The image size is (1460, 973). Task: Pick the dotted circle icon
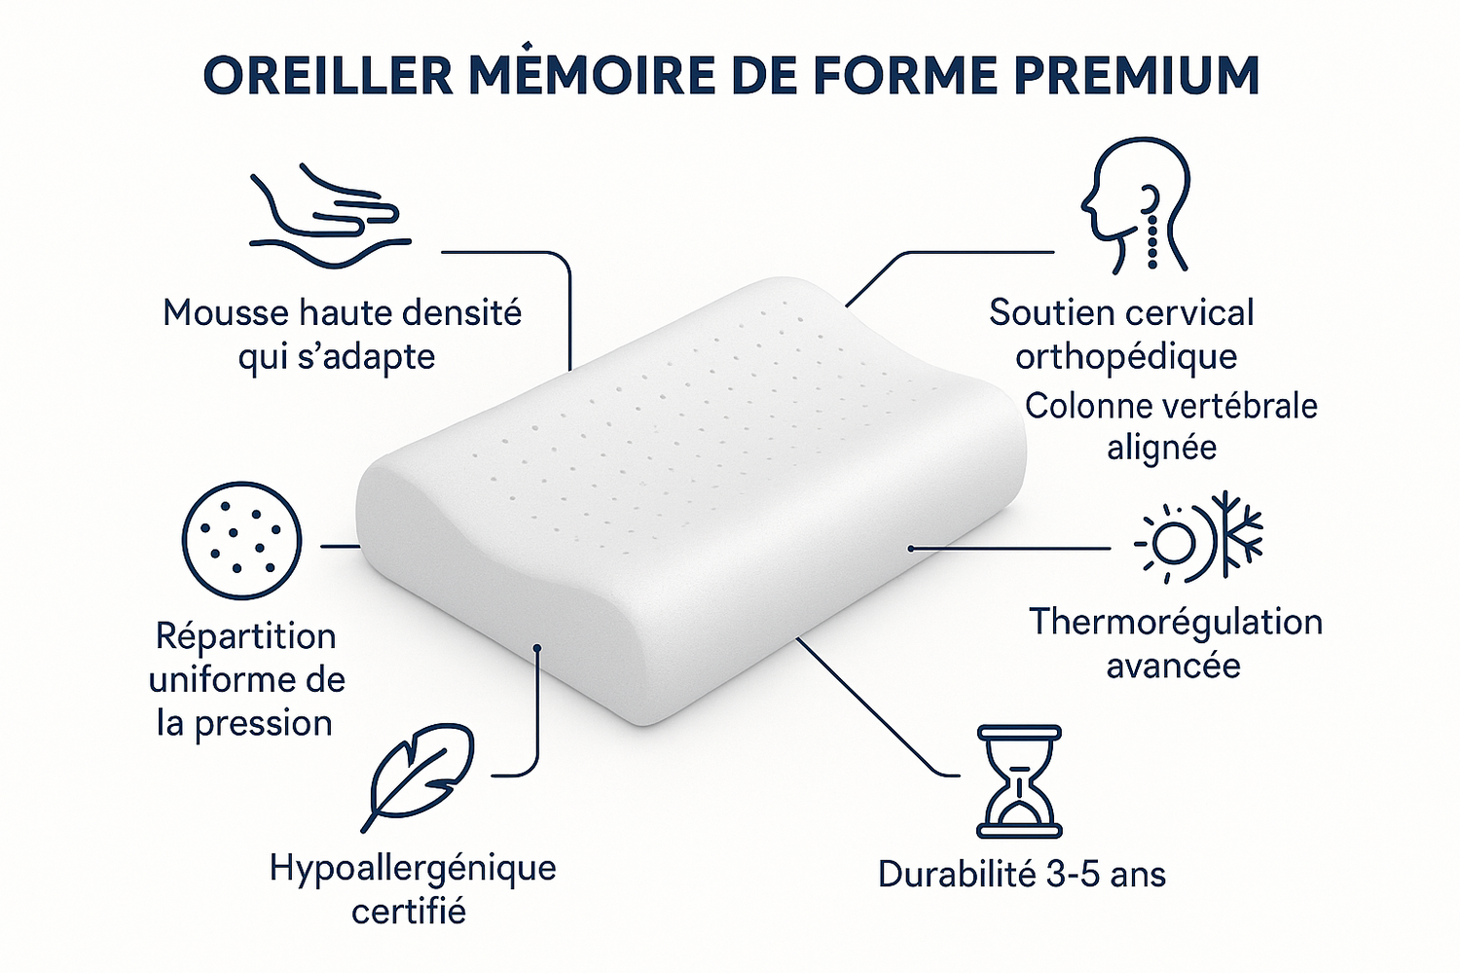coord(241,540)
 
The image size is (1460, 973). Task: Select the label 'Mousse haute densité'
coord(342,313)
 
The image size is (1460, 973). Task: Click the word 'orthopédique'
coord(1126,357)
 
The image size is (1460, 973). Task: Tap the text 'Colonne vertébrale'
coord(1171,406)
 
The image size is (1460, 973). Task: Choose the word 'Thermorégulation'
coord(1176,622)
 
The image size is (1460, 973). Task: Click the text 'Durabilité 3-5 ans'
coord(1021,874)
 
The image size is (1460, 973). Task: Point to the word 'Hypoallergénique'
coord(413,867)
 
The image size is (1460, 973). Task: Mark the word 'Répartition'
coord(246,636)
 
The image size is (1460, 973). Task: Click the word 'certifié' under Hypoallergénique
coord(409,912)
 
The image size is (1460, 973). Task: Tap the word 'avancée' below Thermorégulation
coord(1173,666)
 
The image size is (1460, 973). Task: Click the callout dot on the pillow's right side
coord(911,549)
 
